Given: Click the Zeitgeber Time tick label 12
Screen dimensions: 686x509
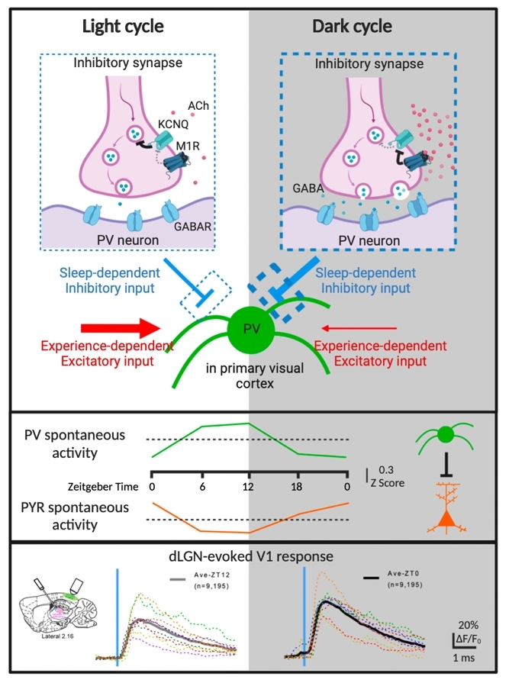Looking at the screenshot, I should [249, 486].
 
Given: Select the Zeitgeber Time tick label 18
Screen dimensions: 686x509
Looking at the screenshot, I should [298, 486].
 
